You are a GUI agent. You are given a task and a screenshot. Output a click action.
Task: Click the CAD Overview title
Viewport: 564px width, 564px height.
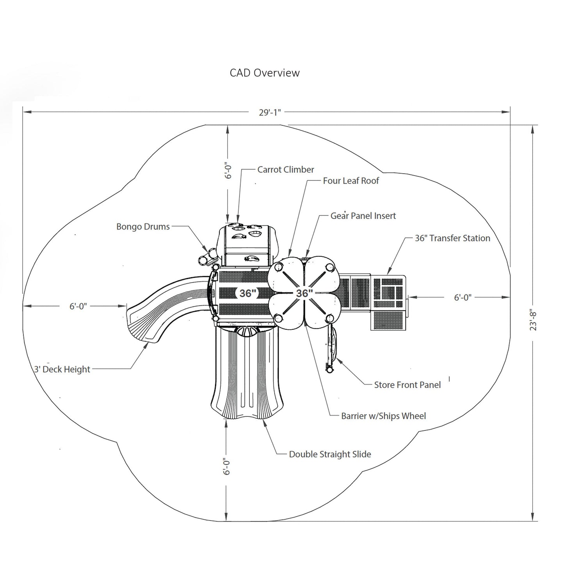265,73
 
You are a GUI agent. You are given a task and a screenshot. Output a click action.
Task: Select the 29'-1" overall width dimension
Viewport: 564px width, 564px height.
270,112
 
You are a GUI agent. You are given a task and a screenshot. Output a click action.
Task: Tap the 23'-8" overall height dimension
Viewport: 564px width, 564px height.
533,320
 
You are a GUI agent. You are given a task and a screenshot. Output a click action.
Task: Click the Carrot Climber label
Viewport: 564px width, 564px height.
286,170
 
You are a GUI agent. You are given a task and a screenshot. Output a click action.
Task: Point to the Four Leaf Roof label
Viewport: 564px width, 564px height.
351,181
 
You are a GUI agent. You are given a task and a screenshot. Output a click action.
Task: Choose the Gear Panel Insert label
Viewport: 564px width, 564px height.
363,216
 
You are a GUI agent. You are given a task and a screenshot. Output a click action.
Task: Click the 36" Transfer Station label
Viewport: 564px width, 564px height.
452,238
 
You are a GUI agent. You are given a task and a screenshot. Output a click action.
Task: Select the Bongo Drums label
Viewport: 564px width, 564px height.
143,227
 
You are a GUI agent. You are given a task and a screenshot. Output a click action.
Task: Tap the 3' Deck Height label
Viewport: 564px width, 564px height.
62,369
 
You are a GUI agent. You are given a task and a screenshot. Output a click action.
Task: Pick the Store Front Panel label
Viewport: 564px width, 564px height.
407,385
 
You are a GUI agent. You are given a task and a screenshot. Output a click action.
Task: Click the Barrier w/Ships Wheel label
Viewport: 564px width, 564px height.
383,416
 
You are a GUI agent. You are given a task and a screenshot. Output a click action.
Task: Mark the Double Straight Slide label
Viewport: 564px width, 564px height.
330,454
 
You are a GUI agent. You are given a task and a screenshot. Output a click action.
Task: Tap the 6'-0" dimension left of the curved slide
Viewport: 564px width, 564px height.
78,306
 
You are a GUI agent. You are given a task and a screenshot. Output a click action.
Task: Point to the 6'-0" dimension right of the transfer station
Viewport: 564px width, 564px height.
463,297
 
